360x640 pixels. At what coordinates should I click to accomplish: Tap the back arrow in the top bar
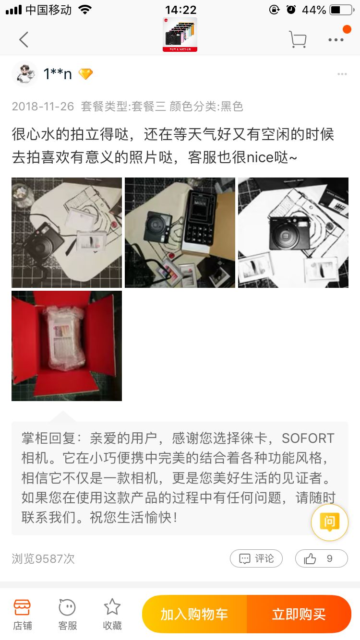pyautogui.click(x=24, y=39)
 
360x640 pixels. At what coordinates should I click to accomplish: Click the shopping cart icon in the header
pyautogui.click(x=298, y=39)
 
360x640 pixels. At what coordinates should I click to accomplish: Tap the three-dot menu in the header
pyautogui.click(x=336, y=40)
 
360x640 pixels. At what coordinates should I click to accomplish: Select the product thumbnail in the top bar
pyautogui.click(x=180, y=35)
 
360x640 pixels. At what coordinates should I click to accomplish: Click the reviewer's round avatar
pyautogui.click(x=24, y=74)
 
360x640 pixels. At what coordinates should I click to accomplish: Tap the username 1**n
pyautogui.click(x=58, y=74)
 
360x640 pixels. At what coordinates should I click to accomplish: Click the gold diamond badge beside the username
pyautogui.click(x=85, y=74)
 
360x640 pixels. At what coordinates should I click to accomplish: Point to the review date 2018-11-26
pyautogui.click(x=43, y=106)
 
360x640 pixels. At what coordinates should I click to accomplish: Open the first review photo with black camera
pyautogui.click(x=67, y=233)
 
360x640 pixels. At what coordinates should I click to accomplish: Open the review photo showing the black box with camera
pyautogui.click(x=180, y=233)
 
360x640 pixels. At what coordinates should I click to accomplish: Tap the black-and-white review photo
pyautogui.click(x=293, y=233)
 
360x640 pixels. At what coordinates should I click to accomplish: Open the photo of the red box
pyautogui.click(x=67, y=346)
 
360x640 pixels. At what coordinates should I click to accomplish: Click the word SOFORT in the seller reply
pyautogui.click(x=308, y=439)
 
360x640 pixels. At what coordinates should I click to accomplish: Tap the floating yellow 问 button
pyautogui.click(x=329, y=522)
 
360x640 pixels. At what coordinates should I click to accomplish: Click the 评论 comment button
pyautogui.click(x=256, y=558)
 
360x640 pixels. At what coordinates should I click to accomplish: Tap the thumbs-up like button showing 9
pyautogui.click(x=321, y=558)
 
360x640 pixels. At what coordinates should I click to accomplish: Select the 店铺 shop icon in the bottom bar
pyautogui.click(x=22, y=614)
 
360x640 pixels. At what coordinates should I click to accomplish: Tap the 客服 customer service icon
pyautogui.click(x=67, y=614)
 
